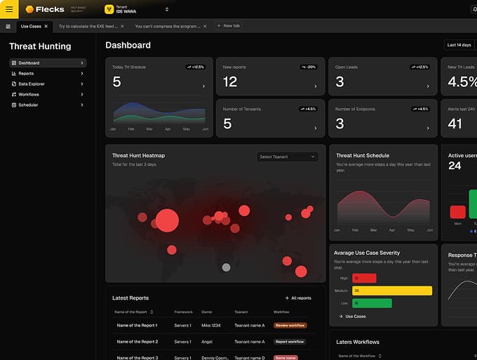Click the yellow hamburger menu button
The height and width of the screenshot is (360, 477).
pos(9,9)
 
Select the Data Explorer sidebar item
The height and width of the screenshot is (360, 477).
pos(32,84)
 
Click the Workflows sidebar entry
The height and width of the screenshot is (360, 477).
pos(29,94)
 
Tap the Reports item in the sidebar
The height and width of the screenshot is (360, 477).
pos(26,73)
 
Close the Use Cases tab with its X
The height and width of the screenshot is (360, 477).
pos(46,26)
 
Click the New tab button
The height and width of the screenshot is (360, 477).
pos(228,26)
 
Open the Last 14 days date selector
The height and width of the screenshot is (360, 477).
pos(459,45)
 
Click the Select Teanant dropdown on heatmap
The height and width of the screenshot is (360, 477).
pos(287,156)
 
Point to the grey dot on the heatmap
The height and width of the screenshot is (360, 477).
pos(226,267)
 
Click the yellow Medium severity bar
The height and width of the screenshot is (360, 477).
pos(392,291)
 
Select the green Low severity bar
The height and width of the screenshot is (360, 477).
pos(372,303)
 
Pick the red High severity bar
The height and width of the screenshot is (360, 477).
pos(364,278)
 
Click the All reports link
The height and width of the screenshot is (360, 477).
pos(297,298)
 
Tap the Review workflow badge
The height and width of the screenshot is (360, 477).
pos(290,326)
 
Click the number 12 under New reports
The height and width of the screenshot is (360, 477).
pos(230,82)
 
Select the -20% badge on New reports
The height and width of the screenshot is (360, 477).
pos(309,67)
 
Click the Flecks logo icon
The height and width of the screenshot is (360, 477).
pos(29,9)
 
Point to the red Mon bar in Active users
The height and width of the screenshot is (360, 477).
pos(457,212)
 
